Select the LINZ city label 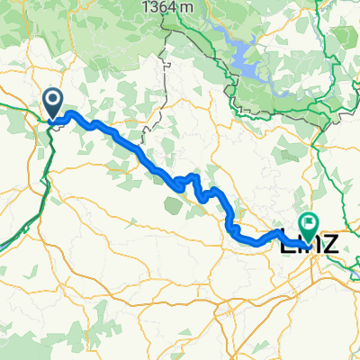309,242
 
